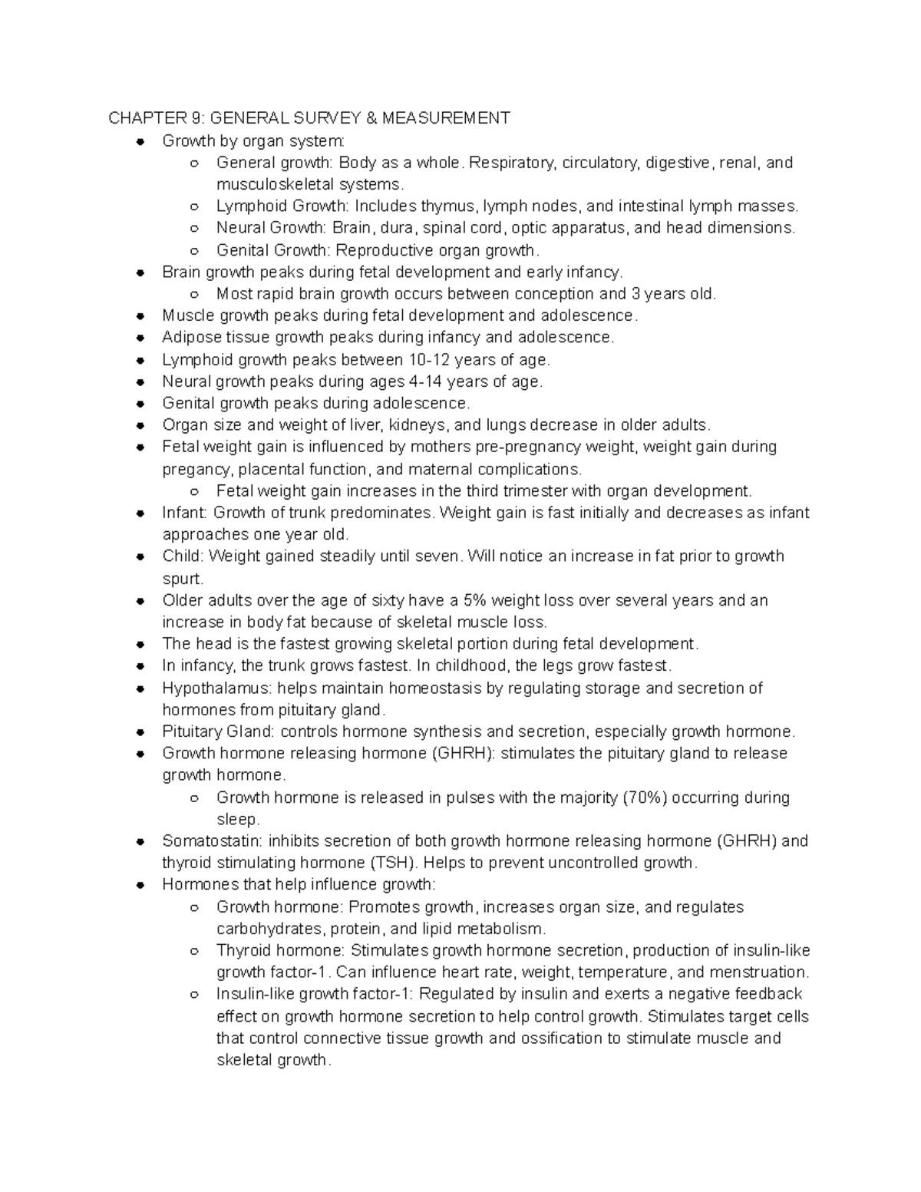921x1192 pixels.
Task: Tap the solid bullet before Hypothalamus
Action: click(x=140, y=688)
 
